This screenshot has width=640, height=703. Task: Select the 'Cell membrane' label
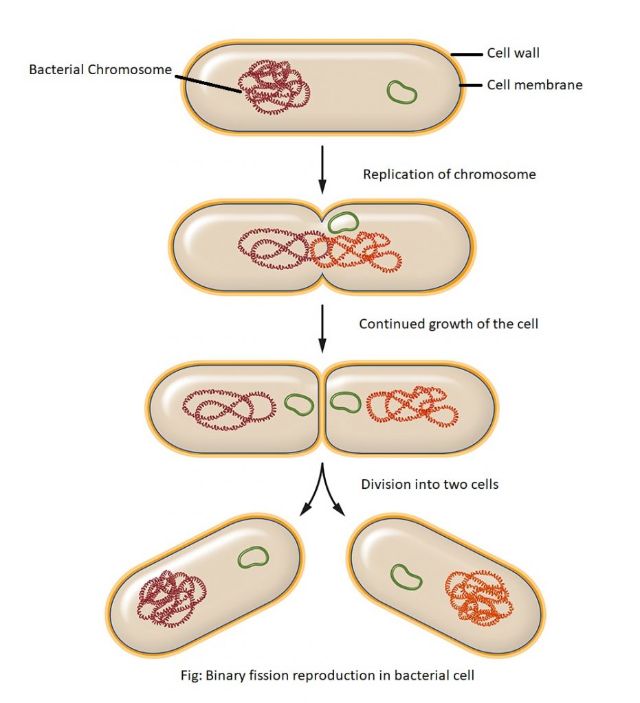pos(534,85)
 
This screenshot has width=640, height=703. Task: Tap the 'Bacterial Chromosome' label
pos(100,70)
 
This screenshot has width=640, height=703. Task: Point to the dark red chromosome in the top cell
pos(274,87)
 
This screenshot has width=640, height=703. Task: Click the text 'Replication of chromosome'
pos(449,174)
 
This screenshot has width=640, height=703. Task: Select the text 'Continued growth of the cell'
pos(448,323)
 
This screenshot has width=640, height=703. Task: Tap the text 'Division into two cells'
pos(430,484)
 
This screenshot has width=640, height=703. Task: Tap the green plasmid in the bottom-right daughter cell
pos(406,576)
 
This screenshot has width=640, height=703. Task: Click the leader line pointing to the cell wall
pos(465,54)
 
